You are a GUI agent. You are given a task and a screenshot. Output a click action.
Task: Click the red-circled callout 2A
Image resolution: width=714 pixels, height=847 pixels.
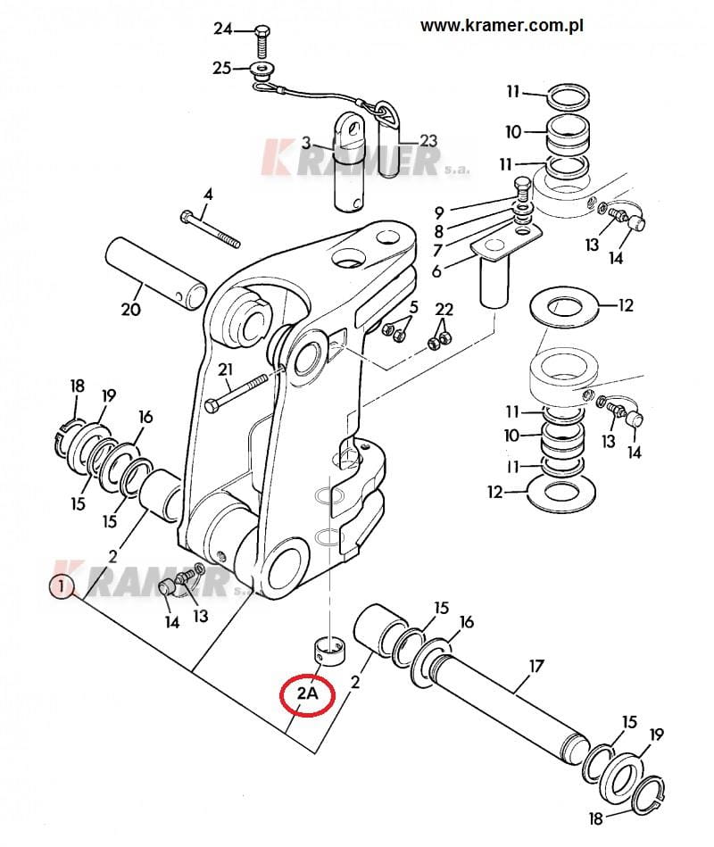pos(307,694)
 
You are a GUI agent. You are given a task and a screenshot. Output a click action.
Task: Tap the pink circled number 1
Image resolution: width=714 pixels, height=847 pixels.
pos(62,586)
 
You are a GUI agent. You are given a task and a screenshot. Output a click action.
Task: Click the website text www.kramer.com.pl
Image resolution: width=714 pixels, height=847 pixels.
pos(502,25)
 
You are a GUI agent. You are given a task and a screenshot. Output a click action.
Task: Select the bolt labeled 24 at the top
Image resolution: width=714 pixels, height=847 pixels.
pos(262,42)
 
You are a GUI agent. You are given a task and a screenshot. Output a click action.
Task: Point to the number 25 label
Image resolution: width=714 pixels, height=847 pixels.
pos(221,69)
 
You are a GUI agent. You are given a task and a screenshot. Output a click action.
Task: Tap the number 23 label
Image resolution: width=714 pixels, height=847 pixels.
pos(428,141)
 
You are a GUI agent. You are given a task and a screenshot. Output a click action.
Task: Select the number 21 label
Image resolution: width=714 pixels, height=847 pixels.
pos(225,370)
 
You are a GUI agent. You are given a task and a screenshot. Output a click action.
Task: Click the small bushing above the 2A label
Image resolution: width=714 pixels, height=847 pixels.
pos(329,651)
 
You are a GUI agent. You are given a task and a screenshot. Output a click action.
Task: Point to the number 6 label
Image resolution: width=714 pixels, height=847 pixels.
pos(436,271)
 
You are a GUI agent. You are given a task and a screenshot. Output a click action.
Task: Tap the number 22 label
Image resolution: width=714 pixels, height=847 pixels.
pos(444,310)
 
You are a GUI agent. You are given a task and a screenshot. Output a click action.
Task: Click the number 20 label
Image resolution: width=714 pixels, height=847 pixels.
pos(130,309)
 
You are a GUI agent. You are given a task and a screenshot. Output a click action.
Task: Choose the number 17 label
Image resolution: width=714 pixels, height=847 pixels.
pos(535,666)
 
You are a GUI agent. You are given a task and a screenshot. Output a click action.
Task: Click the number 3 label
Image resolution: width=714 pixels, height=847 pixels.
pos(306,143)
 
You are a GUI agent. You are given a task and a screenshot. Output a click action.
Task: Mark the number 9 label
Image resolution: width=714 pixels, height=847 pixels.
pos(439,212)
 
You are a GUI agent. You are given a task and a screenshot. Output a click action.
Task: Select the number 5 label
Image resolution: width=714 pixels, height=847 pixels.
pos(414,307)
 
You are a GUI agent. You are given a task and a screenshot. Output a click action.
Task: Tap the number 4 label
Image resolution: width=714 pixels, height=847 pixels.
pos(208,194)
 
